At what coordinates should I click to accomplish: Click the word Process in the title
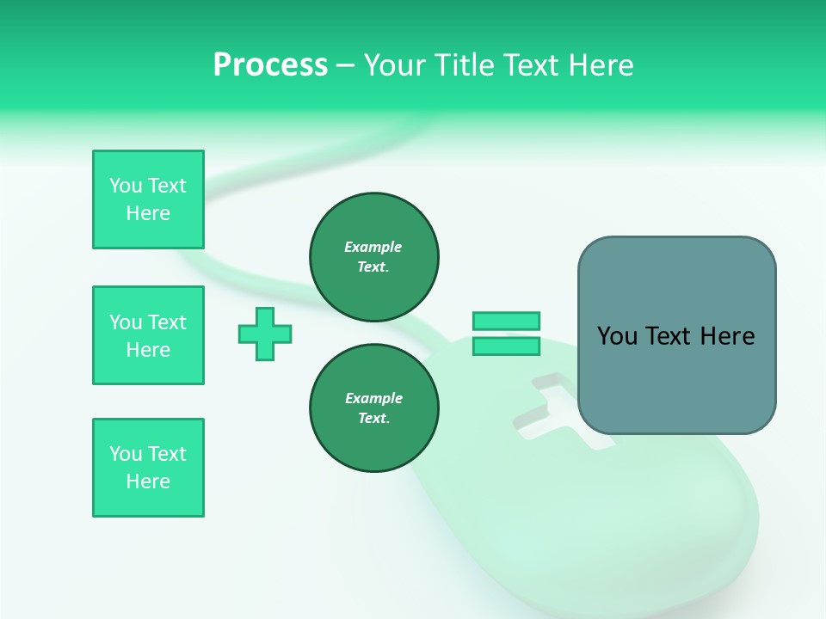(270, 64)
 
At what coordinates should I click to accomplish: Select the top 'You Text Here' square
(148, 199)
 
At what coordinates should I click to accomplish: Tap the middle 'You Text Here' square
(148, 335)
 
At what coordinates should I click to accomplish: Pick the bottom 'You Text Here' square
(148, 468)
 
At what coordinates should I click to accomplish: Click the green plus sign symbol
(265, 334)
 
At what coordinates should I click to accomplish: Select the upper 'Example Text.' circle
(374, 257)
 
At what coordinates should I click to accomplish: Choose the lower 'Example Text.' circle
(374, 408)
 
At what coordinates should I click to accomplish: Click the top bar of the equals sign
(506, 322)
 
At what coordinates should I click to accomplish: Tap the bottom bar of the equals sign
(506, 346)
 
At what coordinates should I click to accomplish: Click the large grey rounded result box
(676, 335)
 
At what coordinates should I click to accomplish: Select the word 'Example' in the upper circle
(373, 247)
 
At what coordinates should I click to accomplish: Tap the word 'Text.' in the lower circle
(373, 419)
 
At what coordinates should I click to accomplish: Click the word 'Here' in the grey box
(727, 336)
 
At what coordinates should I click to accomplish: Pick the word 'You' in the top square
(126, 186)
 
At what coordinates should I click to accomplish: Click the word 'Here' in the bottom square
(148, 481)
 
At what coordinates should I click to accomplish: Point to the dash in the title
(346, 65)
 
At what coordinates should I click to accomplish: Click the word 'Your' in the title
(394, 64)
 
